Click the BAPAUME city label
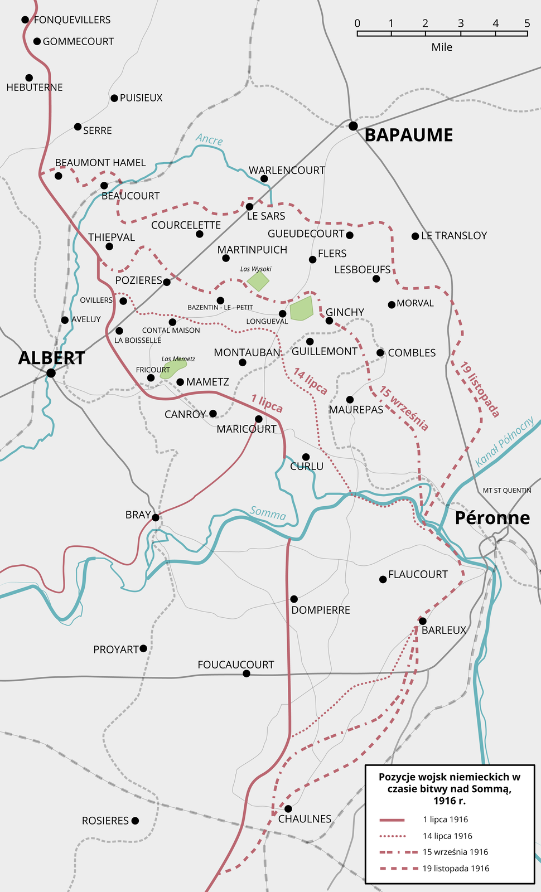coord(408,135)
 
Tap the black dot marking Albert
coord(51,373)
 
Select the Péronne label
coord(492,518)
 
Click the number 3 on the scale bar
coord(461,23)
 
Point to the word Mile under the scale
coord(442,47)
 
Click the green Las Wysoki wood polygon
coord(258,280)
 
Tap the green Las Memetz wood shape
coord(173,369)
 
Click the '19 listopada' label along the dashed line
coord(480,389)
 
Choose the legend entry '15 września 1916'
coord(455,852)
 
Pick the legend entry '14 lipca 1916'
coord(447,836)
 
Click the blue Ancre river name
coord(209,140)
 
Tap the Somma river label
coord(268,513)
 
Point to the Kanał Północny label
coord(504,442)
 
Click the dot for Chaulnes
coord(288,808)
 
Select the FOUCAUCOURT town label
coord(235,665)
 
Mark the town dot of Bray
coord(156,517)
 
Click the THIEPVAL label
coord(112,237)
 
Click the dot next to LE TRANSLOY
coord(415,236)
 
